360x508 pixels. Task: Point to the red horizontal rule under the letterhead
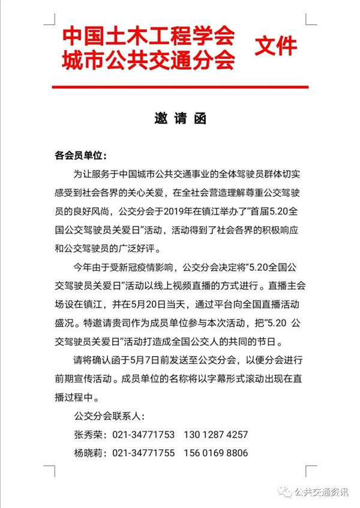(x=180, y=87)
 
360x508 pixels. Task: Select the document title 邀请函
(x=180, y=119)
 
